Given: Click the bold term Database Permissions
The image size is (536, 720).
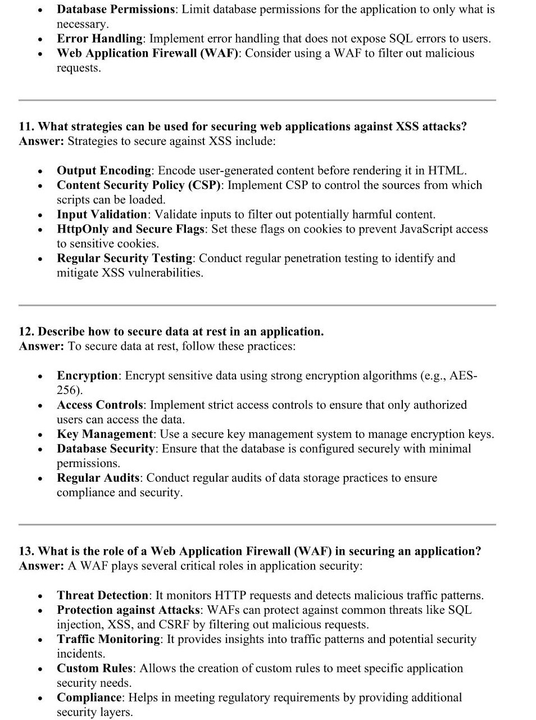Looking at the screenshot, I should click(116, 10).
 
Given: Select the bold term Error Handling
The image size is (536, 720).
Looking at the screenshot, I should click(99, 39).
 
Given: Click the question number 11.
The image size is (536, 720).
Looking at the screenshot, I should click(26, 126).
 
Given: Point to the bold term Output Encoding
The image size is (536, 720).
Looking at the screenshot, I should click(104, 171).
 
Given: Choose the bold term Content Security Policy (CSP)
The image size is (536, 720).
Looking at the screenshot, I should click(139, 185).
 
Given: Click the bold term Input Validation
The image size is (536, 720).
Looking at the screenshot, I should click(102, 215).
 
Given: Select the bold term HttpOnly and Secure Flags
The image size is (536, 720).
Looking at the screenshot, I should click(130, 229).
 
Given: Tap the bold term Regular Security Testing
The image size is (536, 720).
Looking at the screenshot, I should click(124, 259).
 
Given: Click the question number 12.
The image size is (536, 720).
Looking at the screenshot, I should click(26, 332).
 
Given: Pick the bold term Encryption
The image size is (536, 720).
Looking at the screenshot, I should click(87, 376).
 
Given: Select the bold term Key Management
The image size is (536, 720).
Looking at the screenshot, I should click(105, 434).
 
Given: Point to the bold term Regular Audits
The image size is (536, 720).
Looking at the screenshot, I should click(98, 478).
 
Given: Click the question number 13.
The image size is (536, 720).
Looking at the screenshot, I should click(26, 551).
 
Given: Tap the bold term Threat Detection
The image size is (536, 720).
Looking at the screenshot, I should click(102, 596).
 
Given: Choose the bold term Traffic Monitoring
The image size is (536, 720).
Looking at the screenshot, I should click(108, 640).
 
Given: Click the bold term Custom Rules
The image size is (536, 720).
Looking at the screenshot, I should click(94, 669).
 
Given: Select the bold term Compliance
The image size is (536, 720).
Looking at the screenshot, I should click(89, 698).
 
